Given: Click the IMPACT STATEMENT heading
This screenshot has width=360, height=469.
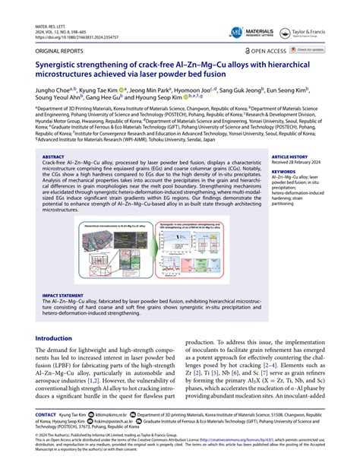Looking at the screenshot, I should pyautogui.click(x=65, y=296).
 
